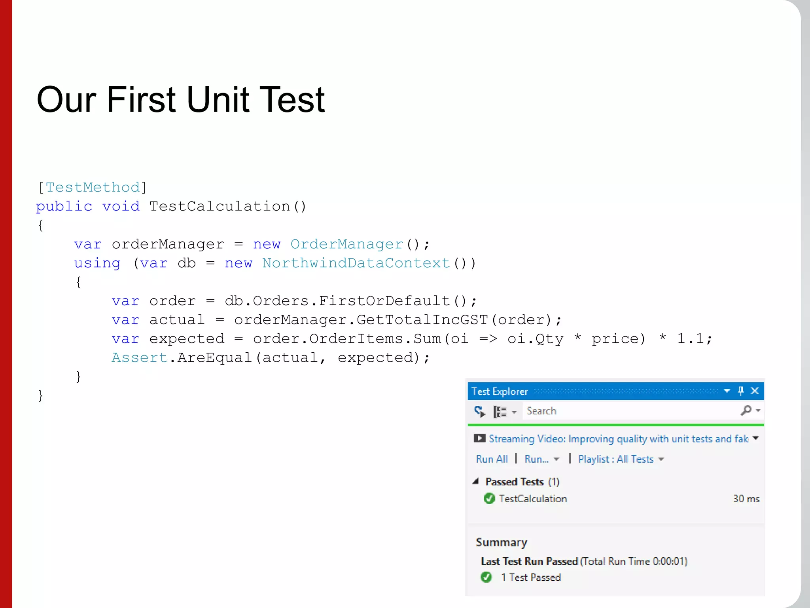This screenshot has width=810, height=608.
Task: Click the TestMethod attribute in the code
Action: [x=93, y=187]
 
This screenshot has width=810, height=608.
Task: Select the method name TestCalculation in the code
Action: [x=220, y=206]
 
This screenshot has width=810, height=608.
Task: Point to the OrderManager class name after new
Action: [x=346, y=244]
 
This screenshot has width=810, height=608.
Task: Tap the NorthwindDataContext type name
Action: [x=356, y=263]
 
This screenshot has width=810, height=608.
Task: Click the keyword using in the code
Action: [x=97, y=263]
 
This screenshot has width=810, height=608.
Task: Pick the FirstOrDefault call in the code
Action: [x=384, y=301]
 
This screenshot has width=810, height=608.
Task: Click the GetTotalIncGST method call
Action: [x=422, y=320]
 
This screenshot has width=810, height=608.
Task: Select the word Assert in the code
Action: [x=139, y=358]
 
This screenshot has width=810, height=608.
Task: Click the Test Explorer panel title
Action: [x=500, y=391]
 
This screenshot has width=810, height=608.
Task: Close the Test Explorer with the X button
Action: [x=755, y=391]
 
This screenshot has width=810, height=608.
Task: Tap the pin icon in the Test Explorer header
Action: [x=741, y=391]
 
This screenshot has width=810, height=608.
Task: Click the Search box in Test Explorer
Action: [x=629, y=411]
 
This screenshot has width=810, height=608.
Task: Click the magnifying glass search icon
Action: [x=746, y=410]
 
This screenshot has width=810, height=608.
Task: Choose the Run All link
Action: [x=492, y=459]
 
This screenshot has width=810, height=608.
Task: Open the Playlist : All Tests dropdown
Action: [x=621, y=459]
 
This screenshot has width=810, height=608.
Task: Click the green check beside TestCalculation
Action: [x=489, y=499]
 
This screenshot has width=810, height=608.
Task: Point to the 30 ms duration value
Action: [x=746, y=499]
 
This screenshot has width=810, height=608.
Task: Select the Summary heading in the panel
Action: [x=501, y=542]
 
